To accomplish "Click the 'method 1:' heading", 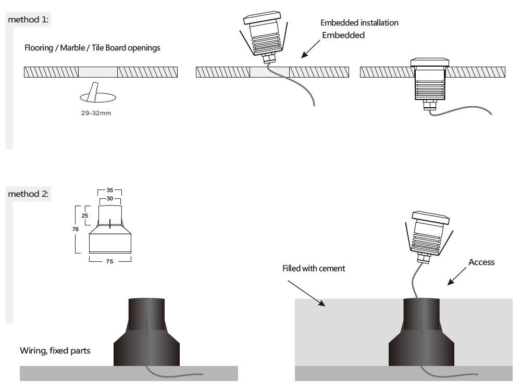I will point(29,20).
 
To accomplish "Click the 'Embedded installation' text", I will point(359,23).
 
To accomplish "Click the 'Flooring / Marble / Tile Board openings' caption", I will point(92,48).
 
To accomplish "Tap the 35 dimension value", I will point(110,191).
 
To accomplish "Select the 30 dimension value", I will point(110,198).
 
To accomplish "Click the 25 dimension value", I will point(85,215).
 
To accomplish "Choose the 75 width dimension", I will point(110,261).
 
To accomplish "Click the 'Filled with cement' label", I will point(314,269).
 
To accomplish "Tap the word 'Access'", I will point(481,262).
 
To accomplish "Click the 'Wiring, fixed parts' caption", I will point(55,350).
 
